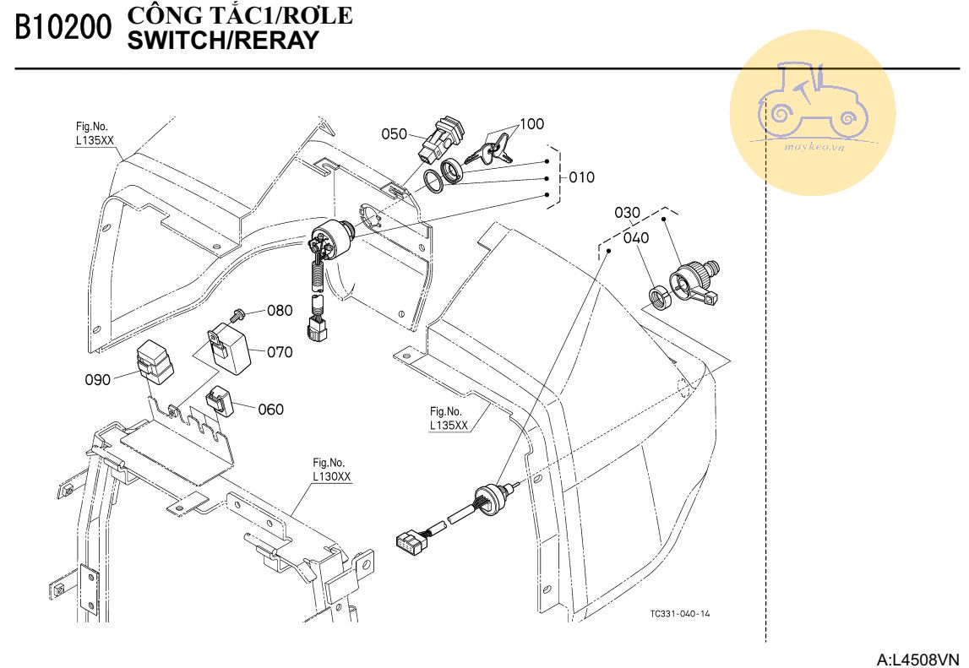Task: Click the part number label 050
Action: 395,133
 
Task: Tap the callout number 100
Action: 531,124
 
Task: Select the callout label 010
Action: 581,177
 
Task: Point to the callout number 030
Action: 628,212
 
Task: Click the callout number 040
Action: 636,238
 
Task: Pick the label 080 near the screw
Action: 280,310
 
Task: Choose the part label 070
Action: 280,352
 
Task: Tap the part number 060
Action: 270,410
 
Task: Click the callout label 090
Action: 98,380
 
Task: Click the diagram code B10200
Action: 63,28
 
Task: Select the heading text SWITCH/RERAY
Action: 222,40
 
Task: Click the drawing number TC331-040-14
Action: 680,614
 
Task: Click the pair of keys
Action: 489,152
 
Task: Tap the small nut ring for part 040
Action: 658,296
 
